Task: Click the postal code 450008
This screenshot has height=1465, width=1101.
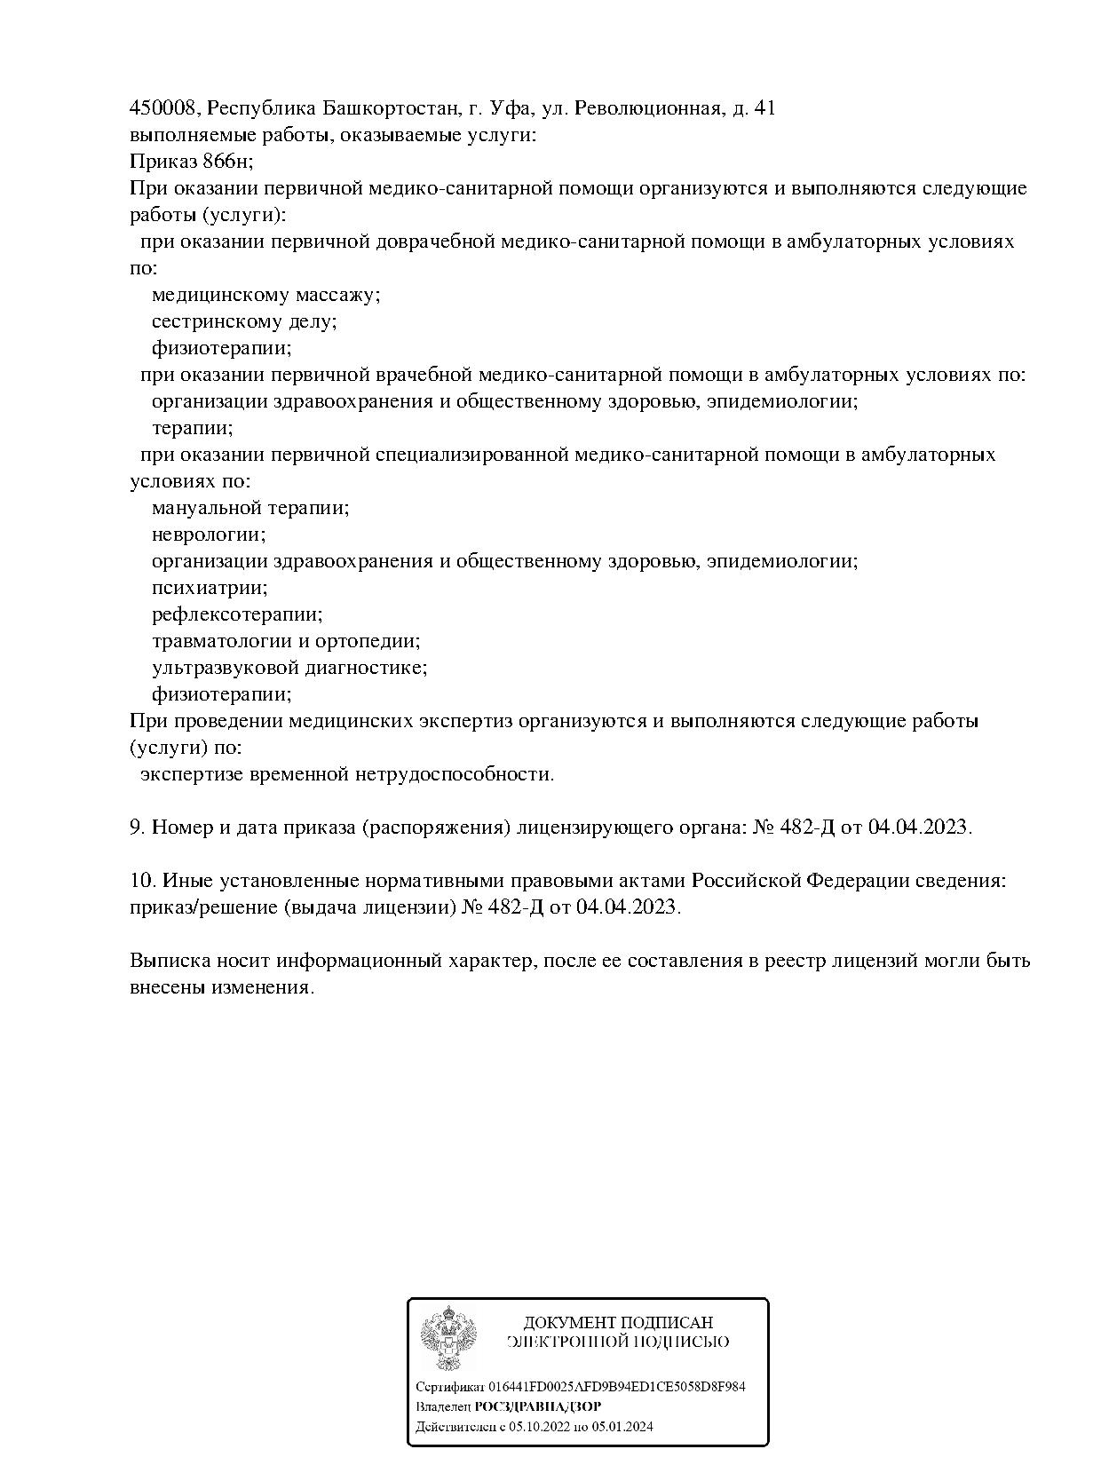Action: (164, 108)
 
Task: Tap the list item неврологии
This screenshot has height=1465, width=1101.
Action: (209, 535)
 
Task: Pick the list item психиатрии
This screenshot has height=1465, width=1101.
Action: (210, 588)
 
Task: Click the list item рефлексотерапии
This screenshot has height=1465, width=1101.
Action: (237, 614)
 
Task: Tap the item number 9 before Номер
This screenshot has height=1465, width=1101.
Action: (137, 828)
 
